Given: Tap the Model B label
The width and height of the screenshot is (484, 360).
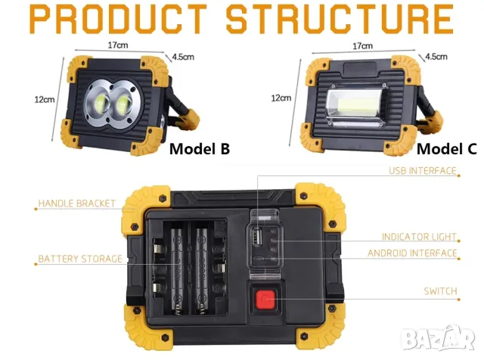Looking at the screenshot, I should (199, 148).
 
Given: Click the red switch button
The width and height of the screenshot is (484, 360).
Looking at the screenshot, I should (265, 300).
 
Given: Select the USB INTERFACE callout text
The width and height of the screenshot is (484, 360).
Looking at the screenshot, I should (423, 171).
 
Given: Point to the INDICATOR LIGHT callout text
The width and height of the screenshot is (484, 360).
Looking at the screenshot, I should (419, 237).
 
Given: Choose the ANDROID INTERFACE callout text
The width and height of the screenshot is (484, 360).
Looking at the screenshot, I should (412, 253).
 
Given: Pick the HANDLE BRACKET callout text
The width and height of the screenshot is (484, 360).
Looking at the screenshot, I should (76, 203).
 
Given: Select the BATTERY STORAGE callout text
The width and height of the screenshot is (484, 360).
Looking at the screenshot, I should (80, 259).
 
